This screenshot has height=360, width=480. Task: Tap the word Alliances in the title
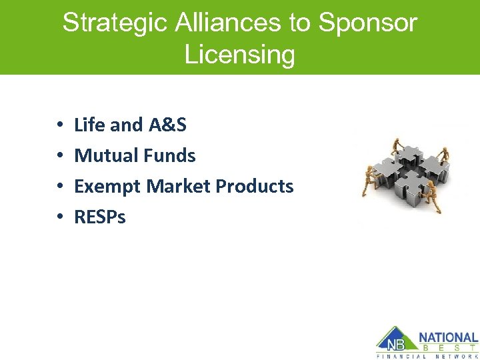pos(227,23)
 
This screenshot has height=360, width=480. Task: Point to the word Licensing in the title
pos(239,54)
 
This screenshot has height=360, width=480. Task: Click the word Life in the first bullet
pos(89,125)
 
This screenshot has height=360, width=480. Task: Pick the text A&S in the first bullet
pos(167,125)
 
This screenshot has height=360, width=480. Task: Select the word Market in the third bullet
pos(176,186)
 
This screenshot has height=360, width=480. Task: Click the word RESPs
pos(100,217)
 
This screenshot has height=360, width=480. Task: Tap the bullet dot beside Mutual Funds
pos(60,156)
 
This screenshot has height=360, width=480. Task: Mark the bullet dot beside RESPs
pos(60,217)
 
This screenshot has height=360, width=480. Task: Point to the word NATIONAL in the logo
pos(448,338)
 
